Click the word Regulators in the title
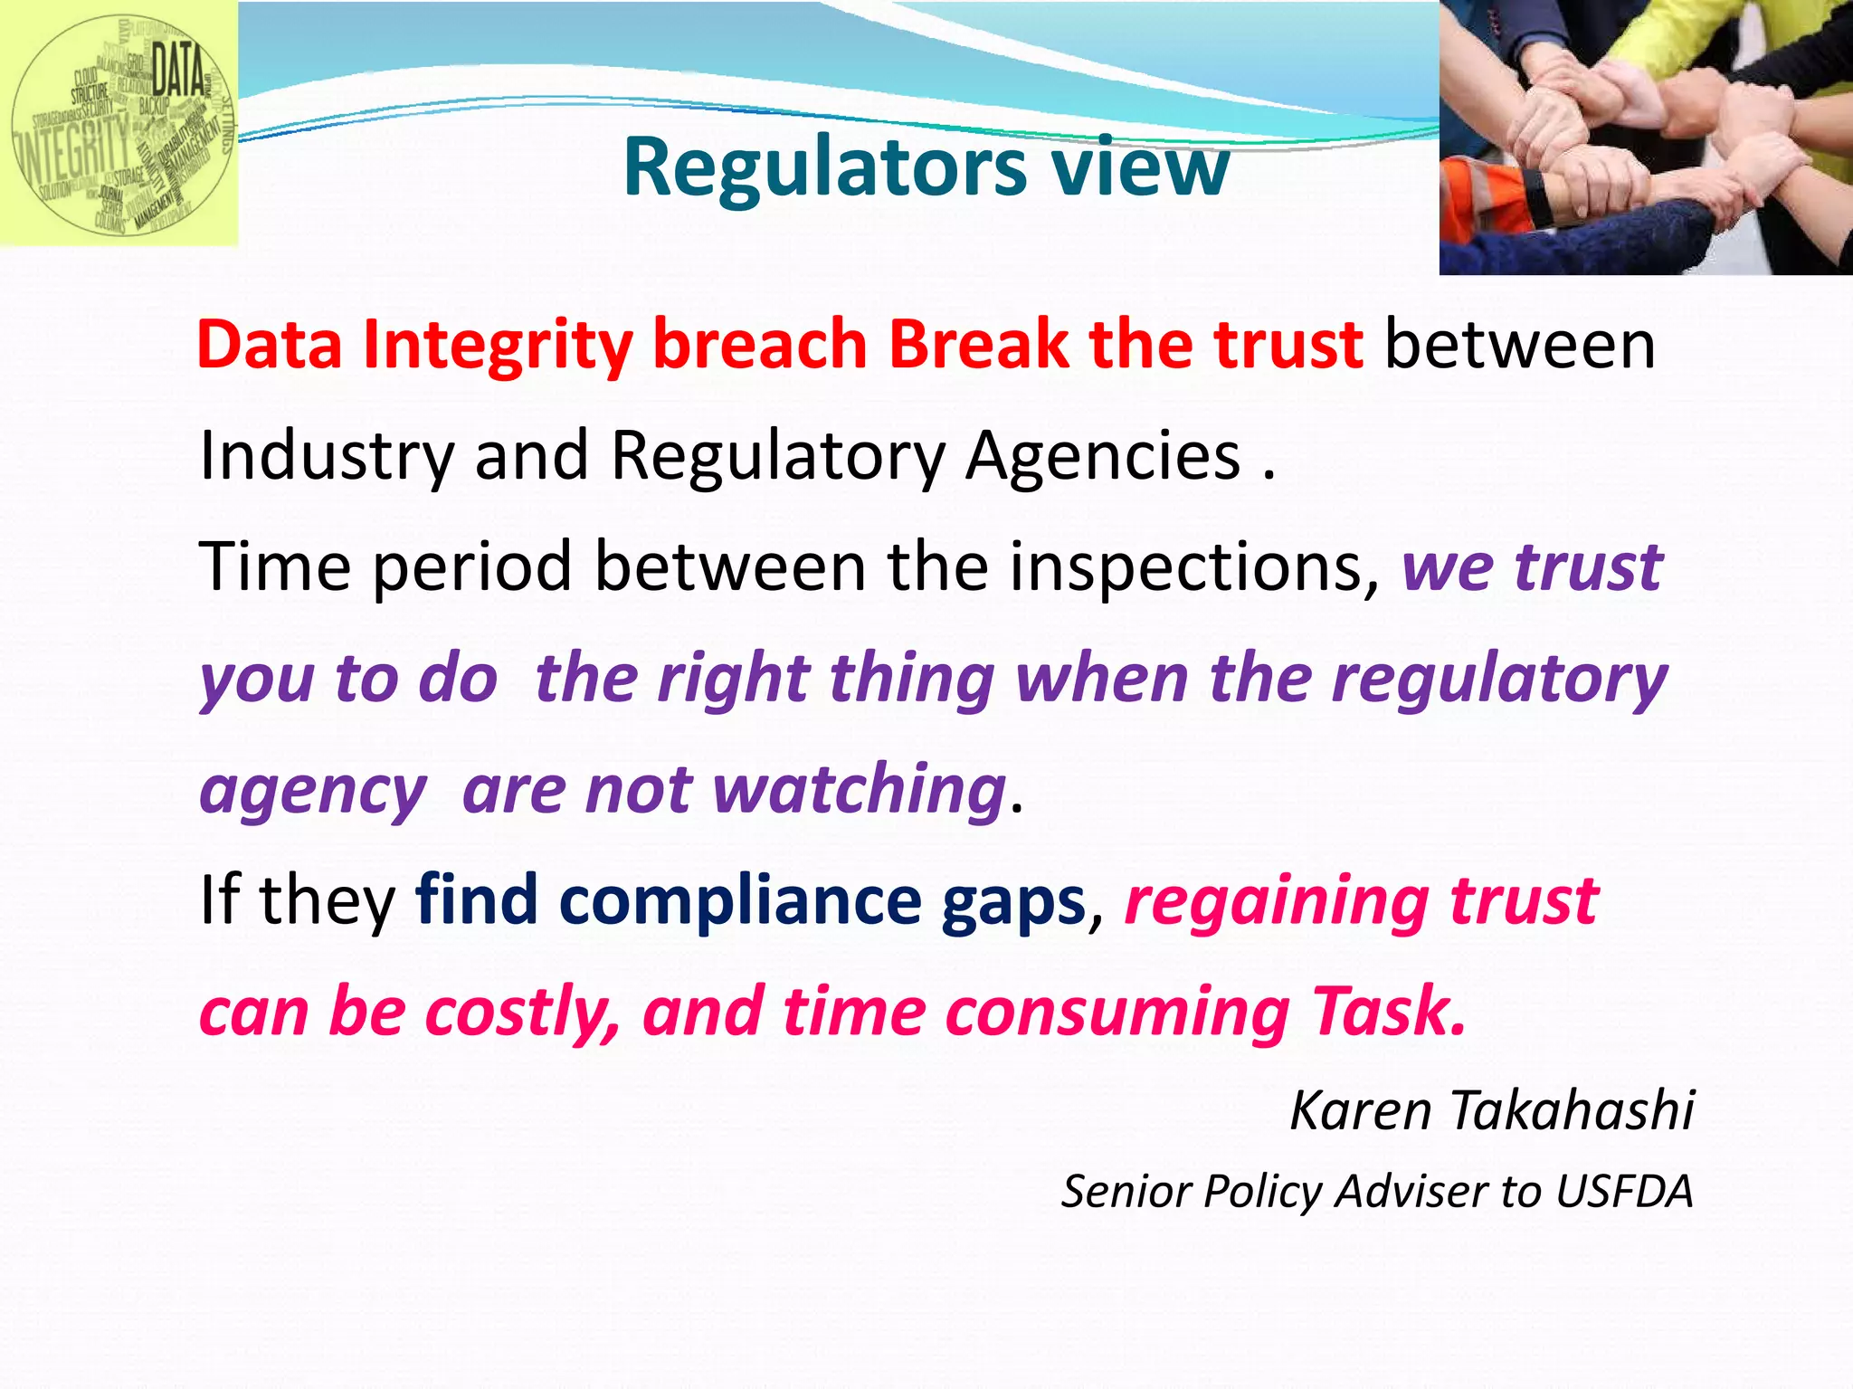[824, 168]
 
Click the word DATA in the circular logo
[177, 71]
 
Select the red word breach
[760, 345]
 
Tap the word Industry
[326, 456]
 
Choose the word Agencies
[1103, 456]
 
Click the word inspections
[1194, 567]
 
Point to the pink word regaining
[1276, 903]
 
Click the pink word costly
[521, 1013]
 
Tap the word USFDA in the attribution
[1624, 1192]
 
